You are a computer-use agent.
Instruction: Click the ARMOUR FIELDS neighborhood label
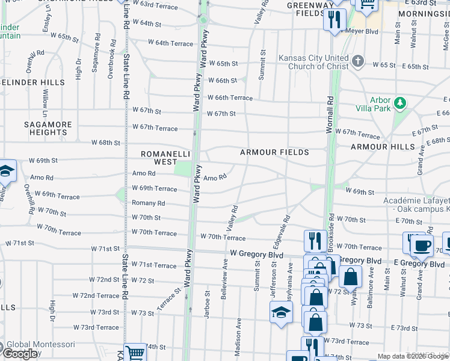pos(274,152)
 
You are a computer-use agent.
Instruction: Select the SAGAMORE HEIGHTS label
pos(48,128)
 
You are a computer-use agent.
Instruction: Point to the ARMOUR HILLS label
pos(383,147)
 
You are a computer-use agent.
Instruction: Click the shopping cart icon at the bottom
pos(135,353)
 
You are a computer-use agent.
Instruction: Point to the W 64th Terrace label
pos(170,43)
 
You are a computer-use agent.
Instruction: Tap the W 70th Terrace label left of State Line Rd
pos(59,228)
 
